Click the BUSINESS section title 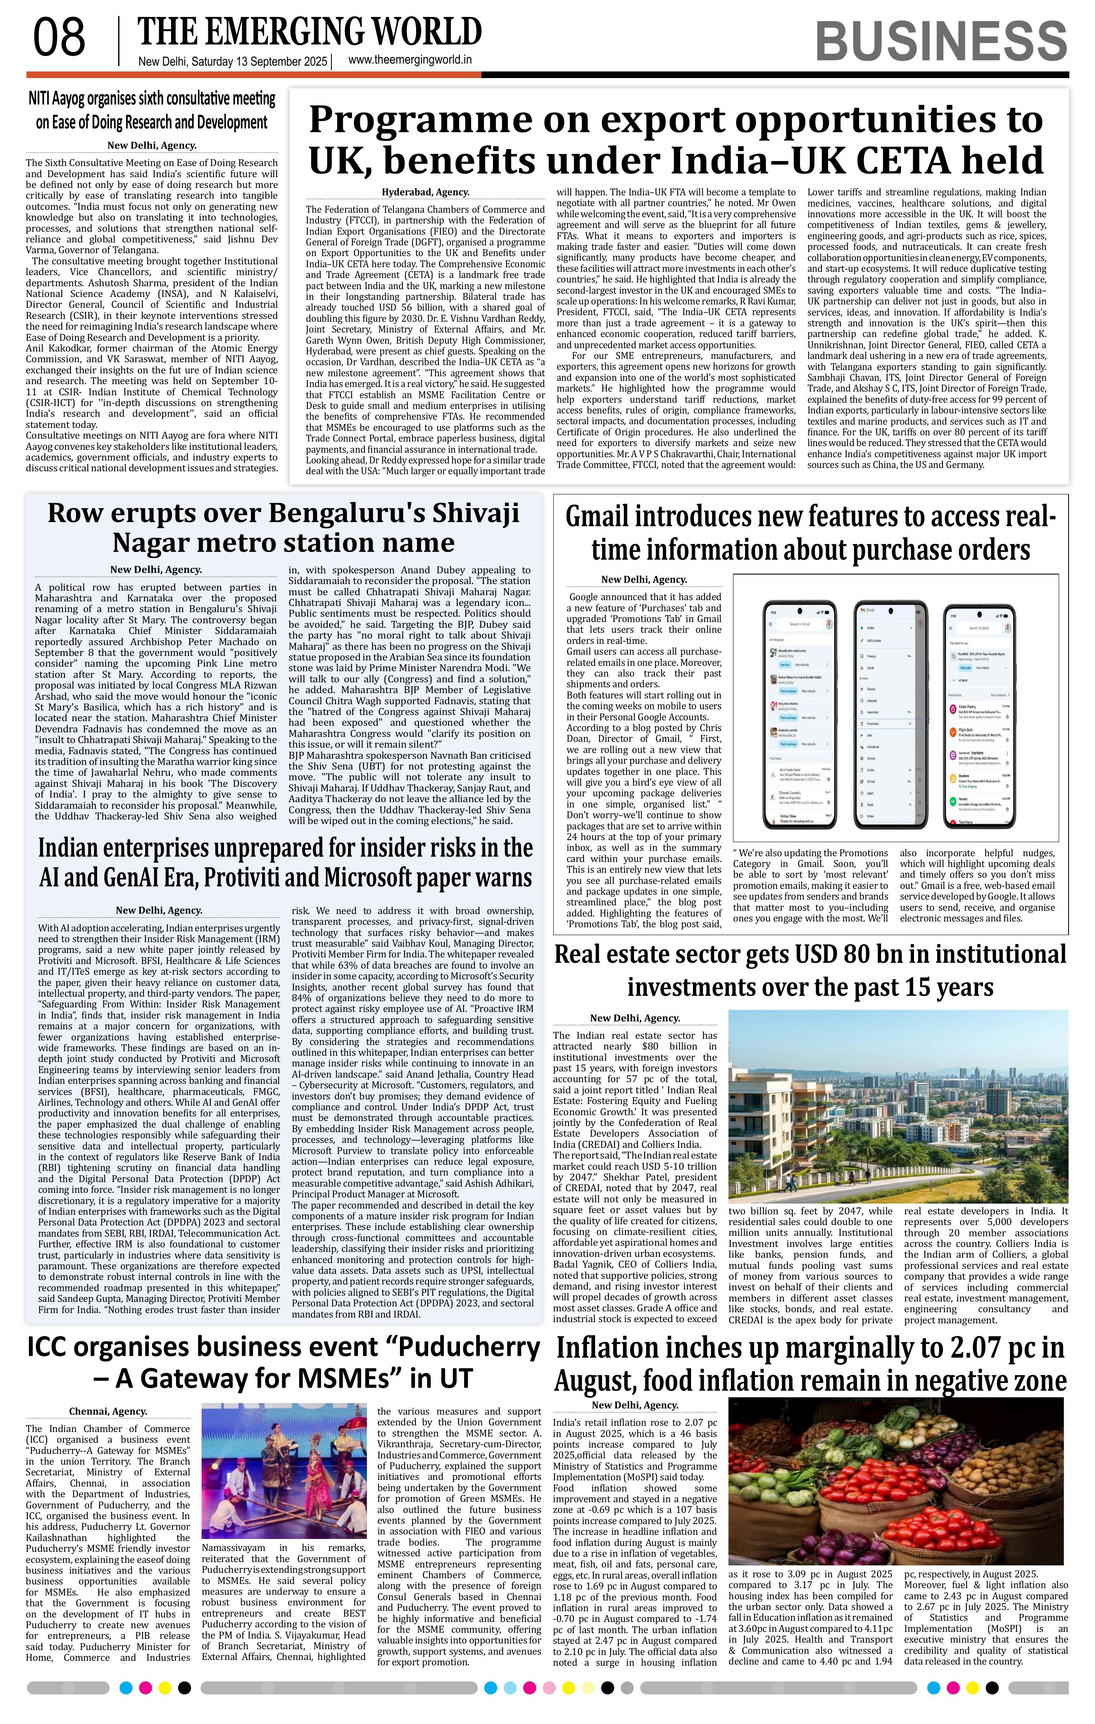pyautogui.click(x=940, y=42)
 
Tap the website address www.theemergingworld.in pyautogui.click(x=409, y=61)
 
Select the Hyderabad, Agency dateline pyautogui.click(x=425, y=192)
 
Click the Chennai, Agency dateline pyautogui.click(x=108, y=1411)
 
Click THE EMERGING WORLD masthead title pyautogui.click(x=309, y=31)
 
